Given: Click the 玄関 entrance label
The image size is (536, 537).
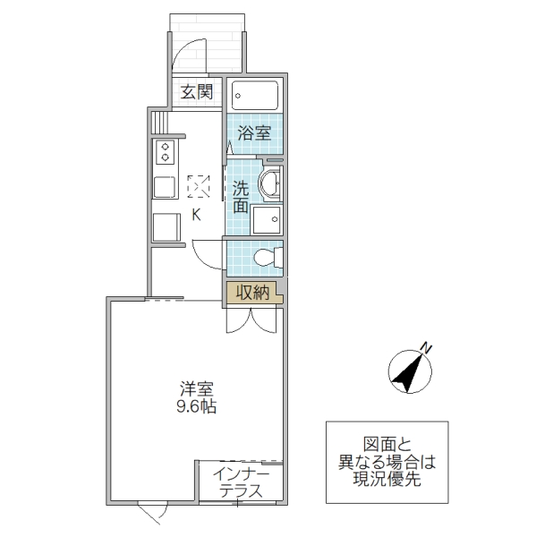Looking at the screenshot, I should click(197, 92).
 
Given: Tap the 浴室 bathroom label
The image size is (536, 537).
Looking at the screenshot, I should click(254, 133).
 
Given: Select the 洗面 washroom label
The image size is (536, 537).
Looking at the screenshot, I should click(241, 196).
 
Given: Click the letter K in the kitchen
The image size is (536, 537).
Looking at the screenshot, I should click(196, 215).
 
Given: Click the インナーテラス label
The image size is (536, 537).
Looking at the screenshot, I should click(242, 483).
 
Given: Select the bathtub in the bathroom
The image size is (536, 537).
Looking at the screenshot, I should click(255, 96).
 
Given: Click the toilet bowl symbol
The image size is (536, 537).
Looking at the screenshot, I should click(266, 258).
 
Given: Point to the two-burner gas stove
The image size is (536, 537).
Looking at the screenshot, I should click(165, 151).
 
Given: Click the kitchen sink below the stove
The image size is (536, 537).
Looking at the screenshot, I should click(165, 187).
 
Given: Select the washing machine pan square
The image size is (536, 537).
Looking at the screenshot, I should click(266, 220).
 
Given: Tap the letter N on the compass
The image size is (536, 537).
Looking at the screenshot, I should click(428, 347).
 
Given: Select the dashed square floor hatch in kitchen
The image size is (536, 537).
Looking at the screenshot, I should click(199, 187).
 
